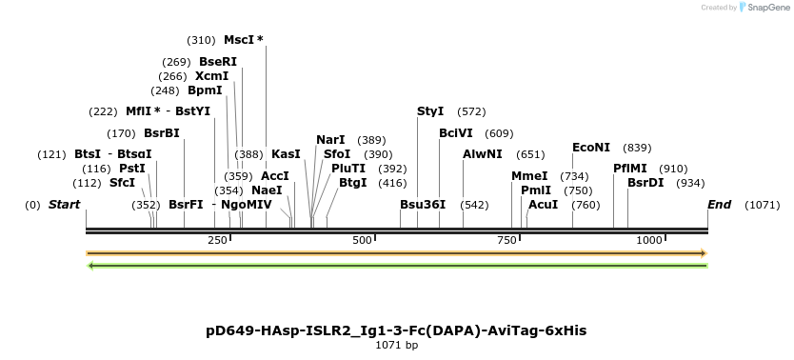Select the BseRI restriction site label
(218, 62)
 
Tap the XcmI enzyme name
(212, 76)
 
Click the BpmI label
(205, 90)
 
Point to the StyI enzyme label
(430, 111)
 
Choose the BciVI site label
(455, 133)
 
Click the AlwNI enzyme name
(483, 154)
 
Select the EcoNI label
(591, 148)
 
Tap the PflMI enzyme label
(631, 169)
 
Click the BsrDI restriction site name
(645, 183)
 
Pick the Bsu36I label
(423, 205)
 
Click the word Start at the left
(64, 205)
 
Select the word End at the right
(720, 205)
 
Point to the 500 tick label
(362, 240)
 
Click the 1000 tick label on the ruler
(649, 240)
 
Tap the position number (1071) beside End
(762, 205)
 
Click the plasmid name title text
(396, 330)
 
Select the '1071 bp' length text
(396, 346)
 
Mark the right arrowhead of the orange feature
(704, 253)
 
